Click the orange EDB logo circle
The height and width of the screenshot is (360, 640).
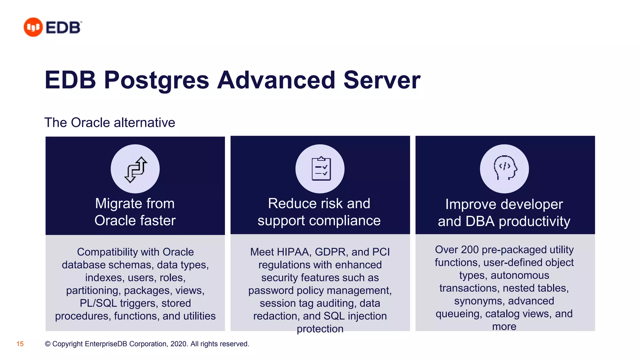(x=33, y=27)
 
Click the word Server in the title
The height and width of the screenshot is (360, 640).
(x=382, y=80)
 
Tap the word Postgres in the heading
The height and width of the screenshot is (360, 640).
(x=156, y=80)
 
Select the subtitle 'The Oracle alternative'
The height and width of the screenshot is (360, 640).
(x=110, y=122)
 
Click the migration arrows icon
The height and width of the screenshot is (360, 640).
(x=135, y=169)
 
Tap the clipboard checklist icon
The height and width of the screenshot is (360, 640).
(x=320, y=169)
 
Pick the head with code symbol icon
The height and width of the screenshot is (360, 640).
(x=505, y=169)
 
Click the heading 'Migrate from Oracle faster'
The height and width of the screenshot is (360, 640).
(x=135, y=212)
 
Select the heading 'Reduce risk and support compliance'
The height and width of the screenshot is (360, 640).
(x=319, y=212)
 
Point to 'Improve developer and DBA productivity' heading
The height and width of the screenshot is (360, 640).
(x=504, y=213)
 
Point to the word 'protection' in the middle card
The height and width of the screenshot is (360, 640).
(x=320, y=329)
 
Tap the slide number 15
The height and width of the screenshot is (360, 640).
(x=20, y=344)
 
